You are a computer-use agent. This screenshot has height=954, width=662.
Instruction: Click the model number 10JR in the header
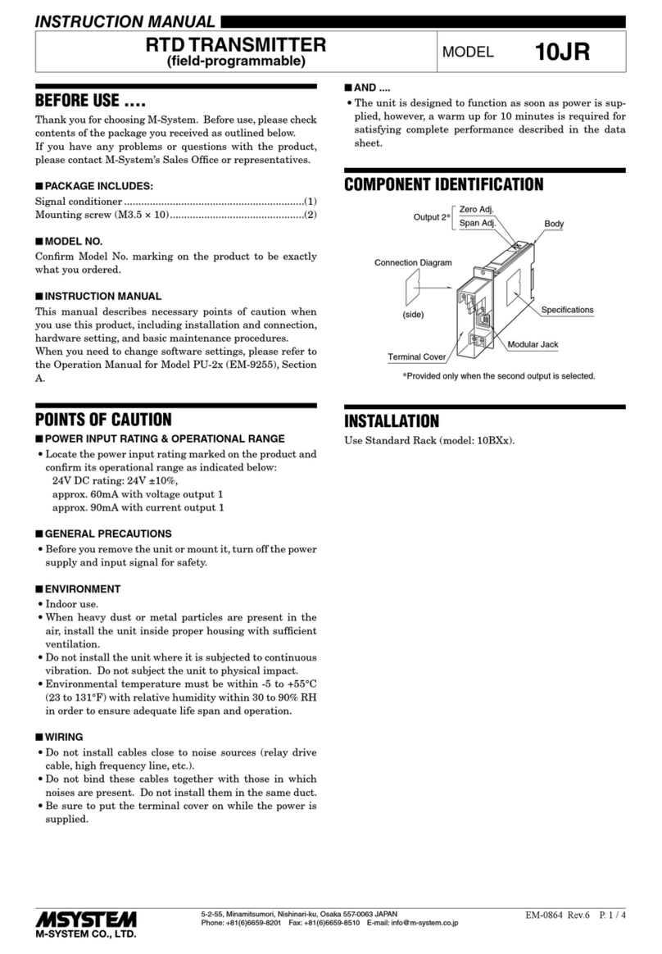coord(562,52)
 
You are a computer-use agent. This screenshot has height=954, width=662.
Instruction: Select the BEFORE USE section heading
coord(89,104)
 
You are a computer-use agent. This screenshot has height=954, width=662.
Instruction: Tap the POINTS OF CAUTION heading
coord(103,420)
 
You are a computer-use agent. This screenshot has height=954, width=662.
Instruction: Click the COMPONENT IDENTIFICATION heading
coord(443,184)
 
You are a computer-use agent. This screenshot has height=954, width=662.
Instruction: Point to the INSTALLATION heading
coord(392,422)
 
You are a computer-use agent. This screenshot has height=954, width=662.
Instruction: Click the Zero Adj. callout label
coord(477,211)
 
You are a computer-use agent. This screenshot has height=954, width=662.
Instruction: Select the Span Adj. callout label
coord(477,223)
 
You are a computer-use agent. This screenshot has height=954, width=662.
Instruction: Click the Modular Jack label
coord(533,344)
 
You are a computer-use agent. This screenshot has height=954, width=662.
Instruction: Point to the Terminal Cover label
coord(416,357)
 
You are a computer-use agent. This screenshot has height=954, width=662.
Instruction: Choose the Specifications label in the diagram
coord(567,310)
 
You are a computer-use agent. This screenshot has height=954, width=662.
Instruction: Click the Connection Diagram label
coord(413,263)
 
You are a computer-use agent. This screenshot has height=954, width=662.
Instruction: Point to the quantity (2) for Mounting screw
coord(310,215)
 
